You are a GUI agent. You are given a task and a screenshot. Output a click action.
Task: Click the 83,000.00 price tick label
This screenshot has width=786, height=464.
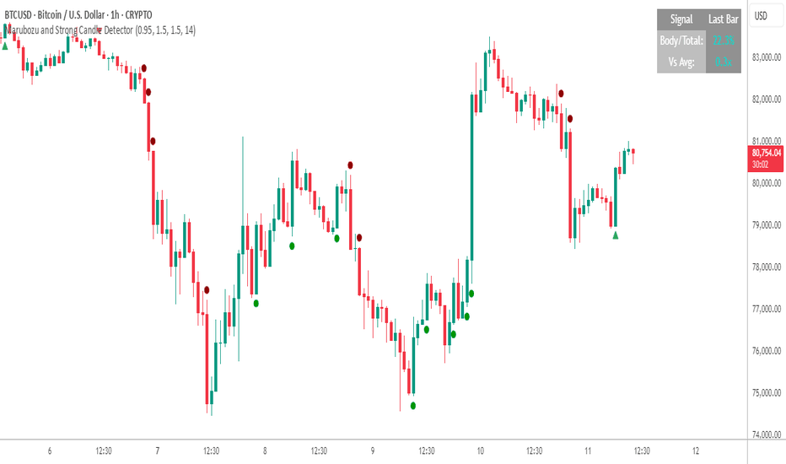tap(765, 57)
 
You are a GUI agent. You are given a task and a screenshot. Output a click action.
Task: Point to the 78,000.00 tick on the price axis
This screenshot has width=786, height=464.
tap(765, 267)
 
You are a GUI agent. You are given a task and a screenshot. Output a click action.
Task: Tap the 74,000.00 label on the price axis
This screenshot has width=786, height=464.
tap(765, 434)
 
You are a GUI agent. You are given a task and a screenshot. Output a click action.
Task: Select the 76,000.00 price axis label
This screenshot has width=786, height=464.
tap(765, 351)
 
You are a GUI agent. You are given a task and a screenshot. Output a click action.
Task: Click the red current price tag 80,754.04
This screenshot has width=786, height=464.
tap(765, 153)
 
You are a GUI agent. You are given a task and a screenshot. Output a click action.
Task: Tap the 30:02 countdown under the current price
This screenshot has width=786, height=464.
tap(765, 165)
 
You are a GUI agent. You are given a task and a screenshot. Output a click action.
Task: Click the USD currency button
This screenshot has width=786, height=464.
tap(760, 16)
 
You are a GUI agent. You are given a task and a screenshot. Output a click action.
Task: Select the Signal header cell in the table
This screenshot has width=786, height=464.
tap(681, 19)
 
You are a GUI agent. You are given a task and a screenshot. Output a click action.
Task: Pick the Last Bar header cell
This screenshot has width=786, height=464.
tap(723, 19)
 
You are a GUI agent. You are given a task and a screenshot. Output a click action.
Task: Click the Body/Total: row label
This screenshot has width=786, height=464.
tap(681, 40)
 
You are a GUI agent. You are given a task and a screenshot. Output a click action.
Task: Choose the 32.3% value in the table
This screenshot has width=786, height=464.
tap(723, 40)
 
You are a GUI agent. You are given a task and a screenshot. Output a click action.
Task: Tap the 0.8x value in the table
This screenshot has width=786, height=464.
tap(723, 61)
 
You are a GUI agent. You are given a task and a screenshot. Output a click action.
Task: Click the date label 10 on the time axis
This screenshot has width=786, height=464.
tap(480, 451)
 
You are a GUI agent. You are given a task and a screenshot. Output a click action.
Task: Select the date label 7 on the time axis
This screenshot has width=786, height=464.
tap(158, 451)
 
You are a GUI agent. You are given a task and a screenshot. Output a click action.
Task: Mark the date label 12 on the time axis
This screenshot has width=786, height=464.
tap(695, 451)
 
